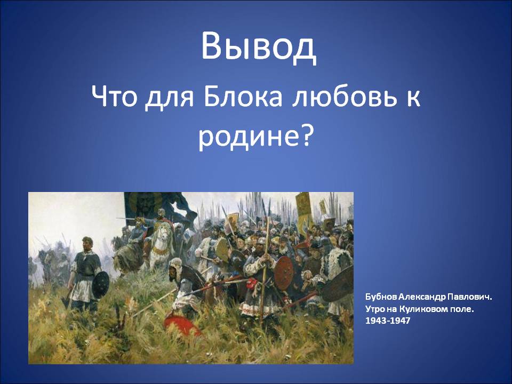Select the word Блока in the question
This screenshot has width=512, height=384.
243,97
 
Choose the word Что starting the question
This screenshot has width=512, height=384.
113,97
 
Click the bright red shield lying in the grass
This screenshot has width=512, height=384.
181,323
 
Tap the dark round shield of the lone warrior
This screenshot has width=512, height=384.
101,285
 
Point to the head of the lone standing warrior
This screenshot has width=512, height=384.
87,243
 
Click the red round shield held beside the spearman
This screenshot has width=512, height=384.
283,273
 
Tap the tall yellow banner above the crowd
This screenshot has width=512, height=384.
303,209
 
